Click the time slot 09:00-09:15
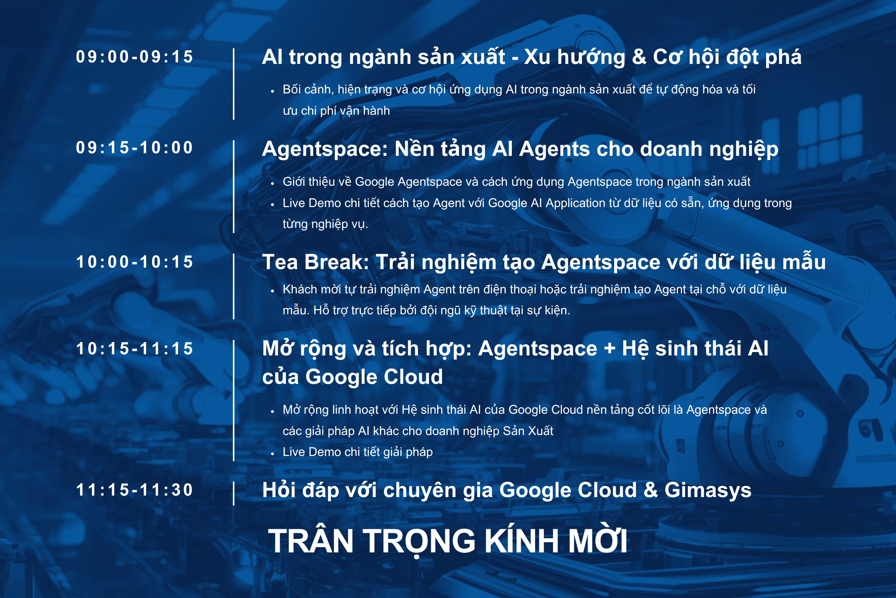point(134,57)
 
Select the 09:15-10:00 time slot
point(134,148)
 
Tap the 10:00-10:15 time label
point(134,262)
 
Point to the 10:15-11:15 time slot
point(134,349)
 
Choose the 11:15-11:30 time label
point(134,490)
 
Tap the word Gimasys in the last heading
point(708,491)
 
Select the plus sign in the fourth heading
point(610,349)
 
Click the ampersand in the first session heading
point(639,57)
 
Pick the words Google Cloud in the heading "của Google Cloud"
point(374,377)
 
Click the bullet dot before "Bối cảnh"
point(273,91)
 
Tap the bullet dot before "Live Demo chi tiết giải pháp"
point(273,454)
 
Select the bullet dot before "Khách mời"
point(273,291)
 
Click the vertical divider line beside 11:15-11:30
point(234,493)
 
